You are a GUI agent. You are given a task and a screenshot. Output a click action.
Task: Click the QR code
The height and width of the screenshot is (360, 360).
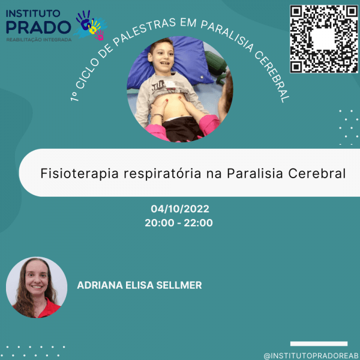click(323, 39)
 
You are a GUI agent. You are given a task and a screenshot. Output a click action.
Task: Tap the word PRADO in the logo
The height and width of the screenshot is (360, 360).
click(37, 26)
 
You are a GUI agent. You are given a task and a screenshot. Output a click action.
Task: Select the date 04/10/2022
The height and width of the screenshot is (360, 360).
click(179, 209)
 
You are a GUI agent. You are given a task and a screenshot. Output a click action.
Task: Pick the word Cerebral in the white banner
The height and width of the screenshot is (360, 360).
click(317, 173)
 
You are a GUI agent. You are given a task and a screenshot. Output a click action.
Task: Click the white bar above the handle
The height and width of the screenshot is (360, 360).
click(319, 344)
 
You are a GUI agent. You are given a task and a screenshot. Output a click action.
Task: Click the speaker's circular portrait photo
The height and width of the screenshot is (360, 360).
click(37, 287)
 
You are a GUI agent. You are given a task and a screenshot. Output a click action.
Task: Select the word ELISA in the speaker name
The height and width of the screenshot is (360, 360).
click(140, 285)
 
